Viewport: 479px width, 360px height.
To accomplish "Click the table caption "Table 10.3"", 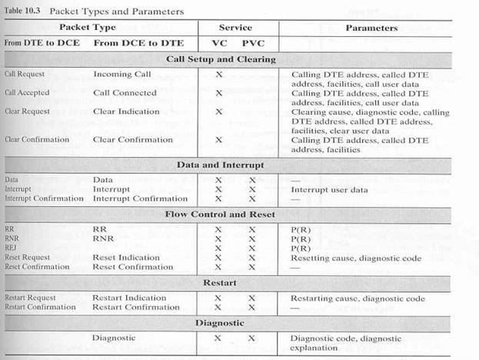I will (25, 11).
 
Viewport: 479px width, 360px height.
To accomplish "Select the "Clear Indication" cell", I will (126, 112).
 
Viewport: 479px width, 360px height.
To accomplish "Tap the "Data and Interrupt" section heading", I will (221, 164).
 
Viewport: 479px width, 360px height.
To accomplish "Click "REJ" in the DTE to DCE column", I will (10, 248).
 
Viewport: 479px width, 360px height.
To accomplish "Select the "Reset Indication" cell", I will (126, 258).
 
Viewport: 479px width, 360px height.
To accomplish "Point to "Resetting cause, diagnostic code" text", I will (355, 258).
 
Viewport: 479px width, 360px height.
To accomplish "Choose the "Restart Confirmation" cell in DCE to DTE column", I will (136, 307).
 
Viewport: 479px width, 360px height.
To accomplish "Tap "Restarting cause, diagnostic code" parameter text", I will (358, 298).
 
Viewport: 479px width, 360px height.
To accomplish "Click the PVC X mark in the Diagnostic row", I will (251, 338).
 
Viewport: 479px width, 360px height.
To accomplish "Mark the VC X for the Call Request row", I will (219, 75).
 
